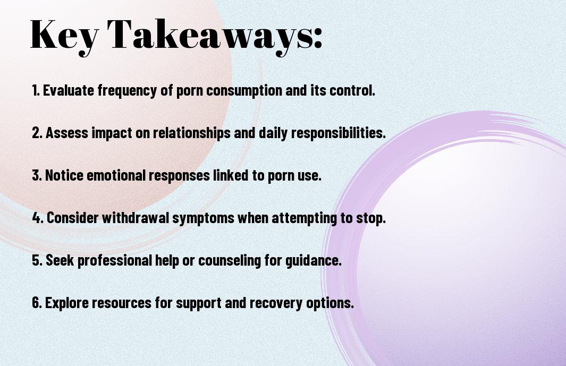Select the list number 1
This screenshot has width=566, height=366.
click(36, 90)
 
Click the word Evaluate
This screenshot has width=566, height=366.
click(69, 90)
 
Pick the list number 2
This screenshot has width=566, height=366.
click(37, 133)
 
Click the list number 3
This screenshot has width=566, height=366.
click(37, 175)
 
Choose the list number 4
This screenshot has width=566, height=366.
click(38, 218)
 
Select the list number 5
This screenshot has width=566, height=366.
click(37, 260)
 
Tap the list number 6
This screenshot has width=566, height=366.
click(37, 303)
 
